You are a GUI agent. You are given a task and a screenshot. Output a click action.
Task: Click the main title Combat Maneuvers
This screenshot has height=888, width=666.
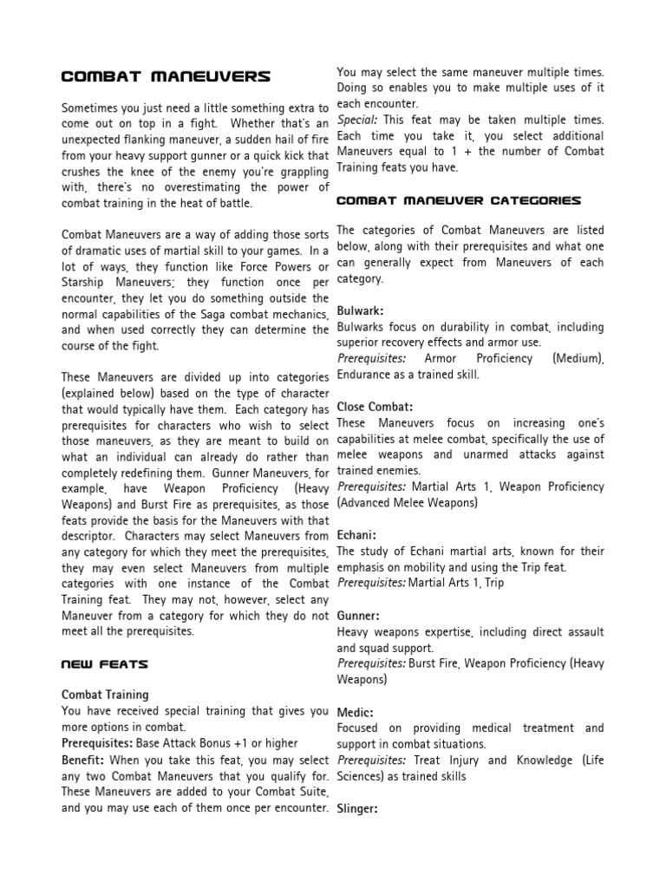pyautogui.click(x=166, y=77)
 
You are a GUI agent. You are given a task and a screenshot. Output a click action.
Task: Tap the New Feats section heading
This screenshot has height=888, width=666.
pyautogui.click(x=105, y=664)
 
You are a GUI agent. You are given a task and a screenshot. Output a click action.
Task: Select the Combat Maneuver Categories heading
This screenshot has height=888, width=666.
pyautogui.click(x=459, y=200)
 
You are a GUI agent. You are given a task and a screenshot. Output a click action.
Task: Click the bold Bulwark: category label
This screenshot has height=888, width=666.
pyautogui.click(x=360, y=310)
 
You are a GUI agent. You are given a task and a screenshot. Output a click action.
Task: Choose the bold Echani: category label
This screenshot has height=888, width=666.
pyautogui.click(x=356, y=535)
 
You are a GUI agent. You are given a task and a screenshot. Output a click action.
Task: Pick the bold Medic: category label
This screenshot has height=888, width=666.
pyautogui.click(x=356, y=712)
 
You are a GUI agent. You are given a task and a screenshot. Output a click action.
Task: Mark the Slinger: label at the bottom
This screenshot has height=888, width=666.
pyautogui.click(x=359, y=808)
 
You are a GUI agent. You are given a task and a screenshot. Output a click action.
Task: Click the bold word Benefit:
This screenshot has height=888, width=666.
pyautogui.click(x=83, y=760)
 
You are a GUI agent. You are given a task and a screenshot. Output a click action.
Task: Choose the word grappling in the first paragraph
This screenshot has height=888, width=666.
pyautogui.click(x=297, y=172)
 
